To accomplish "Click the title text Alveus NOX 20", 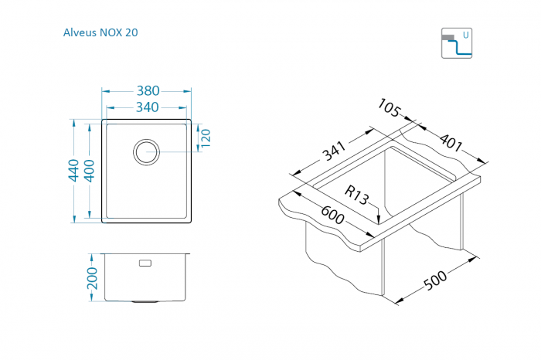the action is pos(100,32).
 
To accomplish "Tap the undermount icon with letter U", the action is pos(457,43).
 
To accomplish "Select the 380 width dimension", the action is pos(148,91).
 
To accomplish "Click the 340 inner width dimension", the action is pos(148,107).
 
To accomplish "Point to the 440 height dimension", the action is pos(73,170).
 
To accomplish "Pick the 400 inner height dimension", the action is pos(90,171).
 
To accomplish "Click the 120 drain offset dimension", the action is pos(206,138).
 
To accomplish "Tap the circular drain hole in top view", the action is pos(146,152).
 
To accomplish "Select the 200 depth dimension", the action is pos(92,278).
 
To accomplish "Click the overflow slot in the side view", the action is pos(145,263).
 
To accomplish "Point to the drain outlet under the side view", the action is pos(145,302).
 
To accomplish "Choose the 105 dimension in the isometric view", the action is pos(390,107).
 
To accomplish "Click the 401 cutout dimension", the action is pos(451,142).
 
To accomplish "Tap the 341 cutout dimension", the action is pos(334,151).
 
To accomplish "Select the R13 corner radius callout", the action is pos(356,195).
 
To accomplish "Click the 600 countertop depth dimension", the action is pos(332,216).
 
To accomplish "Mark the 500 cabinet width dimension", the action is pos(435,280).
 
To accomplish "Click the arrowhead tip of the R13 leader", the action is pos(379,224).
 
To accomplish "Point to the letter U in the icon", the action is pos(466,36).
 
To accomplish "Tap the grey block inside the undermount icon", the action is pos(447,38).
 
